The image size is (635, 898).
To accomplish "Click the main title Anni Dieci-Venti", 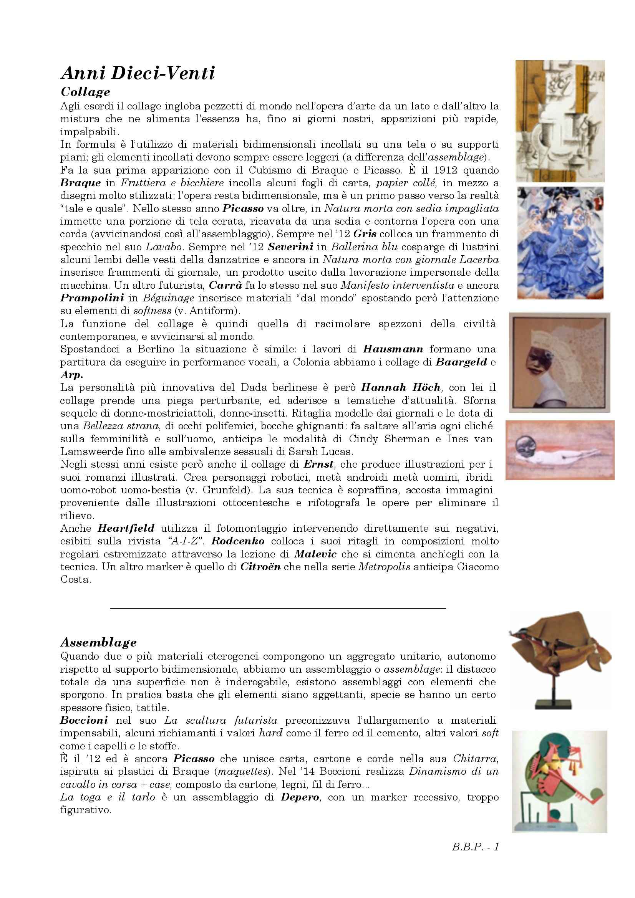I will click(x=138, y=73).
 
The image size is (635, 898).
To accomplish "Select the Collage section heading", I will click(x=85, y=92).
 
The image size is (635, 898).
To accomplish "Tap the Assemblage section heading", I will click(x=98, y=642).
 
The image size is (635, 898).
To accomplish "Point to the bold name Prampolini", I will click(x=92, y=298).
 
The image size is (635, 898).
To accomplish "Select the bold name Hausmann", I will click(x=393, y=349).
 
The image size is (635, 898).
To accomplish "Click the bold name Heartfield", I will click(x=126, y=528).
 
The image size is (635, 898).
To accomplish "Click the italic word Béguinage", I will click(x=168, y=298).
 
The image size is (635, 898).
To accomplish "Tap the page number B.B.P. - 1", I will click(x=475, y=847).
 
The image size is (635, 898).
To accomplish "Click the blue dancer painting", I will click(x=560, y=243).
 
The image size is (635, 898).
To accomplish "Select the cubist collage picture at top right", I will click(x=560, y=121).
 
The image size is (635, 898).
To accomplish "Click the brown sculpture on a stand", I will click(x=560, y=657).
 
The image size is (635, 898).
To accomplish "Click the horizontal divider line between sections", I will click(x=278, y=608).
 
